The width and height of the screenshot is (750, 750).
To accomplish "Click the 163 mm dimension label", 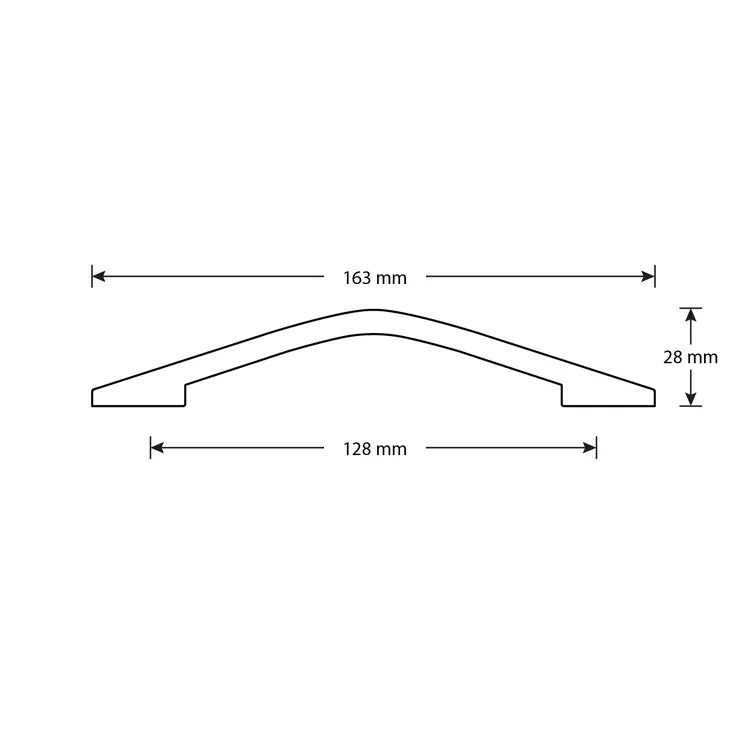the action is (375, 278).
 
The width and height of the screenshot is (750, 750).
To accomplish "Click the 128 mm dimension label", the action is (375, 449).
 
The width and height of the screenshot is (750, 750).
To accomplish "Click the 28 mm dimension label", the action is (690, 357).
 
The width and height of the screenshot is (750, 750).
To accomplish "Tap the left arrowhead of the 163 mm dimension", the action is (99, 276).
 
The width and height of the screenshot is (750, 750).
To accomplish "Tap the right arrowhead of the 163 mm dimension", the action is (648, 276).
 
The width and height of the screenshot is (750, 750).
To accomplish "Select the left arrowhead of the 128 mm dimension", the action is (157, 448).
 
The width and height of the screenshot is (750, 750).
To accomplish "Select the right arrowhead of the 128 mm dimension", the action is (590, 448).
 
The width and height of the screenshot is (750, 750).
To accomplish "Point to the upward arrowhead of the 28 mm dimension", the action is (690, 316).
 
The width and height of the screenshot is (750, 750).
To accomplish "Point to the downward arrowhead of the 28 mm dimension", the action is (690, 398).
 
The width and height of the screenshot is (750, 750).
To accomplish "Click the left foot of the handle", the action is (138, 396).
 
